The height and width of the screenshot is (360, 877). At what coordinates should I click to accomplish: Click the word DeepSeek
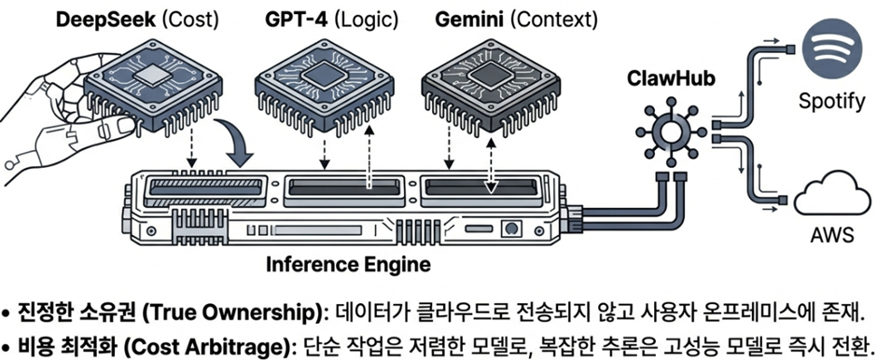point(106,21)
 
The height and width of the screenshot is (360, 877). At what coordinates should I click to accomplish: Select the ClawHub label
point(664,79)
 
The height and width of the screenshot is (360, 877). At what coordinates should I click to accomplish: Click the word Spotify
point(831,103)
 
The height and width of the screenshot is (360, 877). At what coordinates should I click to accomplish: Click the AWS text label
point(832,236)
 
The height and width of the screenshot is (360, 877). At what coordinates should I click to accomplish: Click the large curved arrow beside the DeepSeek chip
point(234,140)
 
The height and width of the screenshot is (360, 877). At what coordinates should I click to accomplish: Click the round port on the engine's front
point(510,228)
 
